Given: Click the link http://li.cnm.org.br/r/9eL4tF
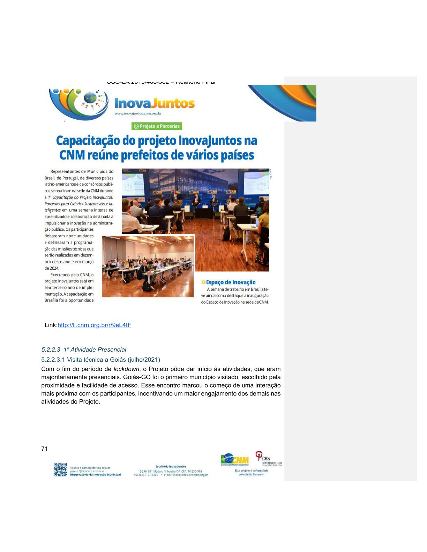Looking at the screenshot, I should point(94,325).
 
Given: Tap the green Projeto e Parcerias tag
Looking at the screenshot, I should point(157,126).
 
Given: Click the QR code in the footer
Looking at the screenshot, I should point(60,469).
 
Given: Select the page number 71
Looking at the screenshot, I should point(44,449).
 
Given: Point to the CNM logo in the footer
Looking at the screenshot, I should point(235,459).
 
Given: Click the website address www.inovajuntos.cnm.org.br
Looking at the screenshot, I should point(138,114).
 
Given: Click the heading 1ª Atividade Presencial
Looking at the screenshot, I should point(95,350).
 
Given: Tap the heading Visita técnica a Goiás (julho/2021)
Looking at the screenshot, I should point(100,359).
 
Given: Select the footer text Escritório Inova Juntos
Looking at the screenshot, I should point(171,466).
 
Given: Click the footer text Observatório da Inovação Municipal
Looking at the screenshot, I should point(95,475).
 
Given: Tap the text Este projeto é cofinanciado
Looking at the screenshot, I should point(251,470).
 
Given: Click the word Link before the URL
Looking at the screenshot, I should point(51,325).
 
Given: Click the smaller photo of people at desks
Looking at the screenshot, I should point(148,267).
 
